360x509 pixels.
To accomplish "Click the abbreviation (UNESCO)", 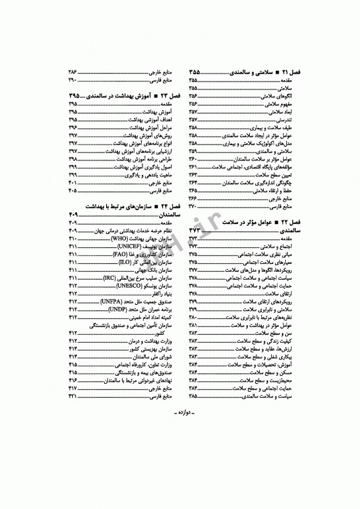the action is point(123,286).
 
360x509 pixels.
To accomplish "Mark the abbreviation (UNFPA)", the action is point(113,302).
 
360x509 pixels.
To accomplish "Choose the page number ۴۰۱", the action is point(73,182).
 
